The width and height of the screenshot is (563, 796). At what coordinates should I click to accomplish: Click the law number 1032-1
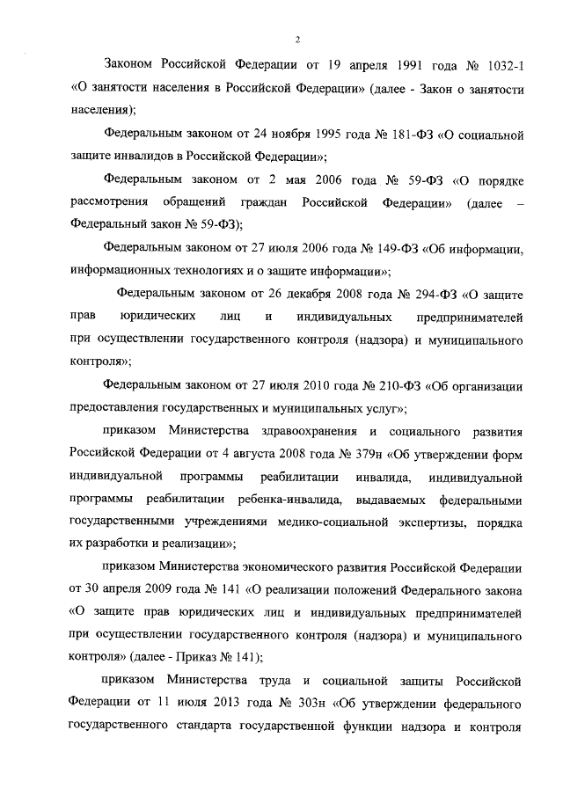pyautogui.click(x=503, y=66)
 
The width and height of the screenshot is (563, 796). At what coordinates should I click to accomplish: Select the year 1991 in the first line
pyautogui.click(x=391, y=66)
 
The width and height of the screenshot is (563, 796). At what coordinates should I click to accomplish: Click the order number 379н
pyautogui.click(x=349, y=454)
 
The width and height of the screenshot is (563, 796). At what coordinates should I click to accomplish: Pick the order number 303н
pyautogui.click(x=326, y=705)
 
